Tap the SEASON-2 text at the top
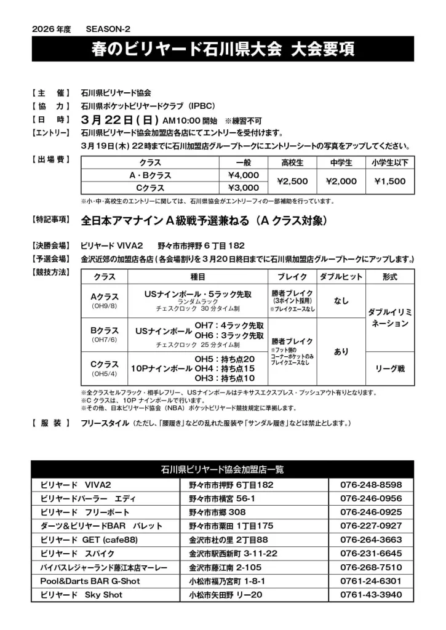tap(108, 29)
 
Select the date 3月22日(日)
tap(120, 119)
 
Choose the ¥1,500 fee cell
tap(389, 181)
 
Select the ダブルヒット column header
tap(341, 277)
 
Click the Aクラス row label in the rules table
tap(104, 300)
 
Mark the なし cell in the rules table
tap(341, 301)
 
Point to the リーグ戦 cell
tap(389, 369)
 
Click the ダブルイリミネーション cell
tap(389, 318)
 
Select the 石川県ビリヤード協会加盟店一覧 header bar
tap(223, 469)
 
